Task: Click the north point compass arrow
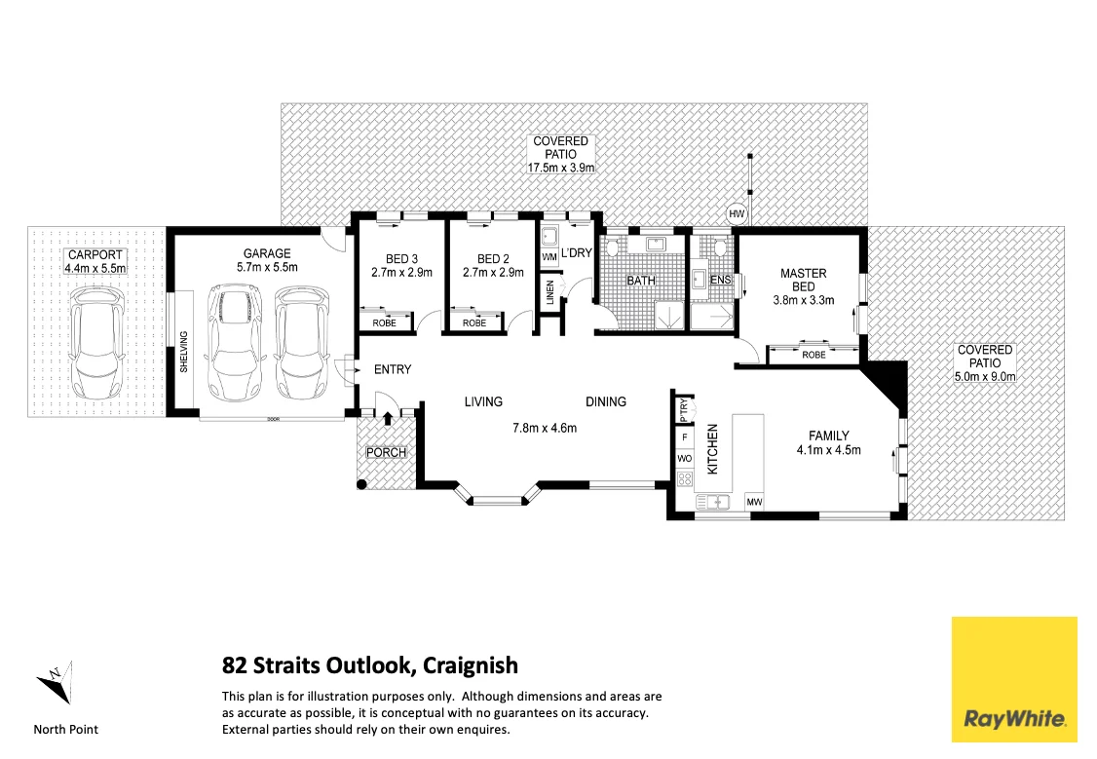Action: click(55, 683)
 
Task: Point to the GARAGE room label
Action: click(267, 253)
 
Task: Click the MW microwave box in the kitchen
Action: click(754, 502)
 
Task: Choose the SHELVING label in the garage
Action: click(183, 353)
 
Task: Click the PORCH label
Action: click(386, 453)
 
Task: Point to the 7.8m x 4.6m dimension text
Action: click(545, 428)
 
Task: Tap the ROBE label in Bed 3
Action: click(382, 323)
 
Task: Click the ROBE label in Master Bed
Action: click(813, 355)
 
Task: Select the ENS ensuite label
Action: click(721, 280)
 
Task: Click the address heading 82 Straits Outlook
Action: click(370, 666)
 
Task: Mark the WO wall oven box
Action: click(685, 458)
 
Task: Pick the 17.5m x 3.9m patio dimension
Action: click(561, 168)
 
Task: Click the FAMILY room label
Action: click(829, 436)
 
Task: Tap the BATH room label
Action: click(641, 281)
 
